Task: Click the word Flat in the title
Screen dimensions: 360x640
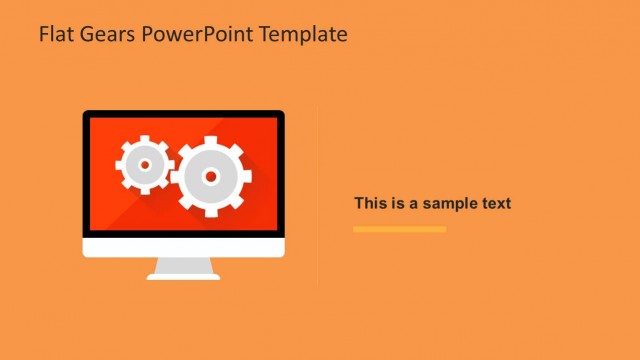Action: click(56, 34)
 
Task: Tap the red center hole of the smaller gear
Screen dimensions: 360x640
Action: click(144, 164)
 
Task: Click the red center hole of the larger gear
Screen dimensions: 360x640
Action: click(210, 176)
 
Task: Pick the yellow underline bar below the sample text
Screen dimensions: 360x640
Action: click(399, 229)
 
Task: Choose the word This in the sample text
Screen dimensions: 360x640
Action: click(370, 204)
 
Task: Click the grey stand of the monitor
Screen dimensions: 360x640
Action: click(183, 268)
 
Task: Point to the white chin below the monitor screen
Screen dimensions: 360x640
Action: click(183, 247)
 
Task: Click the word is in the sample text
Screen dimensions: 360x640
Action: click(397, 204)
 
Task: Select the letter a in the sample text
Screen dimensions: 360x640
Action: click(413, 204)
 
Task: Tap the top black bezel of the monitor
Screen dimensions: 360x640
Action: click(183, 114)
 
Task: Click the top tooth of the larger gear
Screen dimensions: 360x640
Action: click(210, 141)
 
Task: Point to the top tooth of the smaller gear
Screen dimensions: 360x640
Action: click(144, 138)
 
